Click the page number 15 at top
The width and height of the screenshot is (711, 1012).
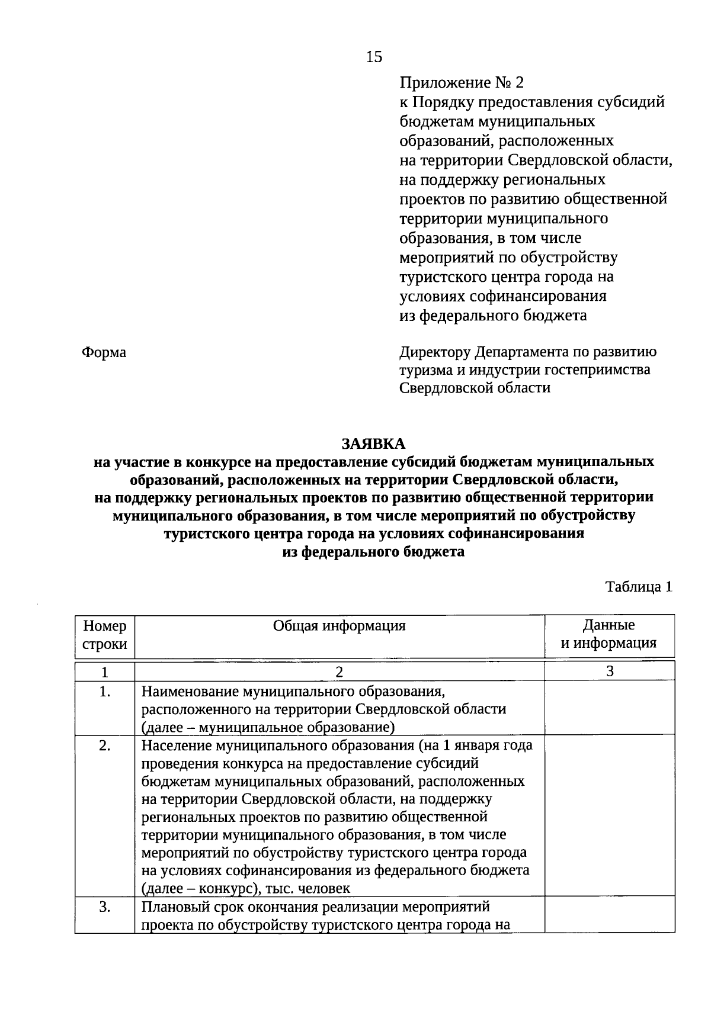[374, 57]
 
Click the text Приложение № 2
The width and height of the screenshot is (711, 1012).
[462, 82]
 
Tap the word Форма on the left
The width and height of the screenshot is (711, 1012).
[104, 352]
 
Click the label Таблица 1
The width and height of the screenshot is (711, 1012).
[639, 587]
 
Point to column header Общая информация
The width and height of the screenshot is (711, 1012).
[339, 626]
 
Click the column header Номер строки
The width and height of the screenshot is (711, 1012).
[105, 635]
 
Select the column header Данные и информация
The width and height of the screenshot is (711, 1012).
[609, 634]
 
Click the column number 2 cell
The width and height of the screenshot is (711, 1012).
[339, 672]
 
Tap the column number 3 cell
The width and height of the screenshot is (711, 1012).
[609, 672]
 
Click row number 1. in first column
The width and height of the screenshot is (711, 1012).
[105, 691]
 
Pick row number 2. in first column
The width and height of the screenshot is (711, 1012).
[105, 746]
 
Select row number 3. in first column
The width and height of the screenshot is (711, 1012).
[105, 907]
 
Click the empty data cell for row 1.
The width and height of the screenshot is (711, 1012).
[609, 708]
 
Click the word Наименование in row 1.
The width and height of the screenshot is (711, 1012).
[191, 692]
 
